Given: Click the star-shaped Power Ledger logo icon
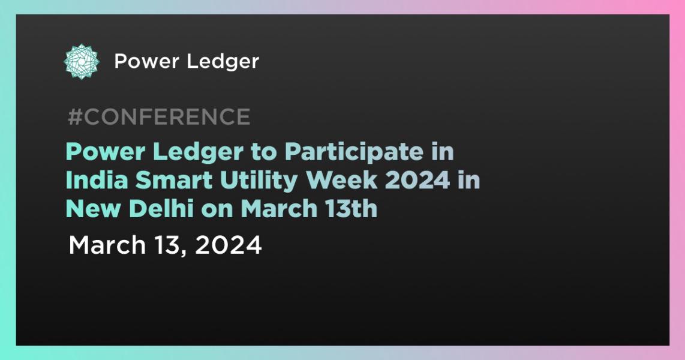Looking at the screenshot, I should [82, 61].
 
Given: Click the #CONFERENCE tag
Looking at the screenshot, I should [158, 117].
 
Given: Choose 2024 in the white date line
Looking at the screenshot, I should [229, 245].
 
